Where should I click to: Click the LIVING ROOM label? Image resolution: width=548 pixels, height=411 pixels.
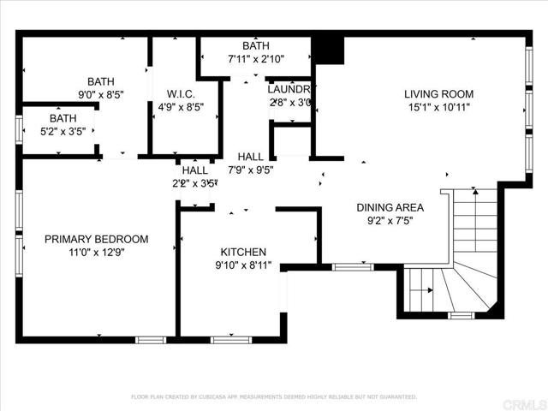point(438,94)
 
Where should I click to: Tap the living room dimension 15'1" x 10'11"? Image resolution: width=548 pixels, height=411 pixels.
point(438,108)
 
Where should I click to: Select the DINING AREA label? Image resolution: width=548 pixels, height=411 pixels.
point(390,207)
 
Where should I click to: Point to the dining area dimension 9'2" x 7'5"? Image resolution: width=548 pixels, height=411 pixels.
point(390,220)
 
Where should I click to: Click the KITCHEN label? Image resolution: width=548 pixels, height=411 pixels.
point(243,252)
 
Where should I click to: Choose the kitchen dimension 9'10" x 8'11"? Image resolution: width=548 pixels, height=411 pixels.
point(243,265)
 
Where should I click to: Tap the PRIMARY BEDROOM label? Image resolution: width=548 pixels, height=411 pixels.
point(96,240)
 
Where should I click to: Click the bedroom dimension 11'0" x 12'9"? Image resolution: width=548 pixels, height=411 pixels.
point(96,253)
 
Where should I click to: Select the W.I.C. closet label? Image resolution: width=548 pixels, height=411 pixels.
point(181,94)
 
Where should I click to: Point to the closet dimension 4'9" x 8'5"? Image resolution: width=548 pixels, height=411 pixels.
point(181,108)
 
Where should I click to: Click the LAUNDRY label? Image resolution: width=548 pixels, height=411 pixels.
point(291,89)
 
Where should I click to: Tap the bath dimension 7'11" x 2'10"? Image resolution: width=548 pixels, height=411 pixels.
point(256,60)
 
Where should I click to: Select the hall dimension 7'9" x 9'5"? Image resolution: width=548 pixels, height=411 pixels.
point(251,170)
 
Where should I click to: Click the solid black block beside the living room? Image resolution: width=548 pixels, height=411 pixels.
point(329,50)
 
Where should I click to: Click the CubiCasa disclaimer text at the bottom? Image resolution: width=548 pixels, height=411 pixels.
point(273,396)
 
